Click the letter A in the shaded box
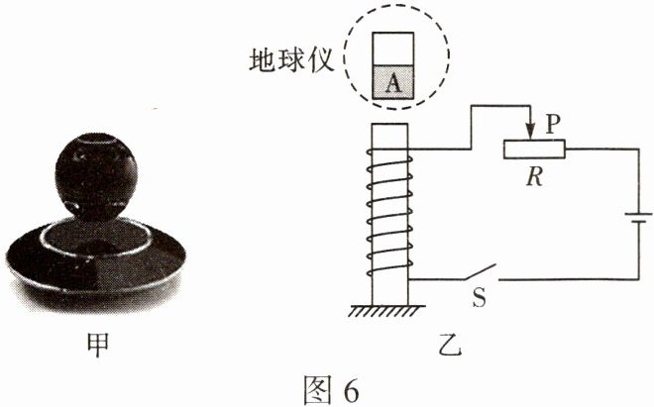point(393,85)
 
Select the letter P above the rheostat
point(553,119)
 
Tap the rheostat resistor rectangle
point(534,149)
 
